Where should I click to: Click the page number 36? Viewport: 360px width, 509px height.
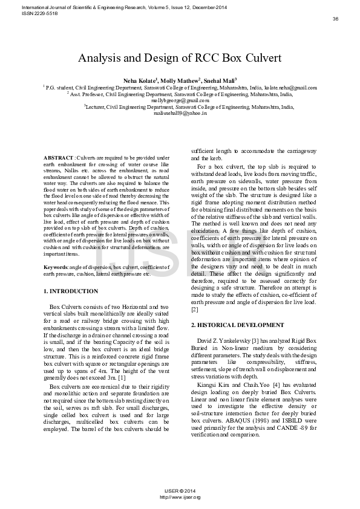click(x=335, y=19)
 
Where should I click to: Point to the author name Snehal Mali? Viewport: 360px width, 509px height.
click(x=219, y=80)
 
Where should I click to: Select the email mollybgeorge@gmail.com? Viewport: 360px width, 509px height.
click(x=180, y=100)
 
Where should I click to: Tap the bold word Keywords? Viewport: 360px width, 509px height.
click(x=56, y=266)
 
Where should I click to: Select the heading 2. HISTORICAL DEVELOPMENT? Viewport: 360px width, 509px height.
click(x=237, y=325)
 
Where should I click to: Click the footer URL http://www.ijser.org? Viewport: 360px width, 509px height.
click(x=180, y=497)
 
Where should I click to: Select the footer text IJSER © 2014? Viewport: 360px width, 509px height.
click(x=180, y=491)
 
